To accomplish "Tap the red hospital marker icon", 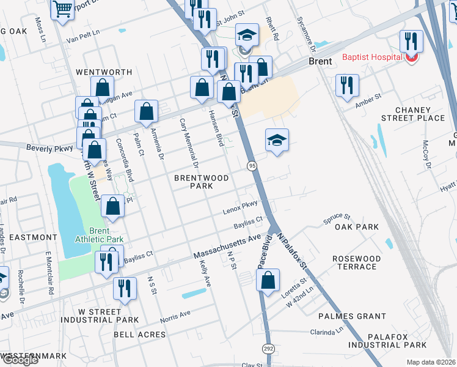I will [x=412, y=58].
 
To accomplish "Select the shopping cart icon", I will [x=62, y=10].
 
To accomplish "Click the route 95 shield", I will [x=251, y=166].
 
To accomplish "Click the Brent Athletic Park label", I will [x=99, y=235].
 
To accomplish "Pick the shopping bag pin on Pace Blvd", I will [x=268, y=281].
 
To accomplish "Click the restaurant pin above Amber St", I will [x=347, y=86].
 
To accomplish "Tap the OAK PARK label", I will [x=357, y=227].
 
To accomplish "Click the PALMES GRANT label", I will [x=352, y=316].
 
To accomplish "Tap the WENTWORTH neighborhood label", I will [x=104, y=72].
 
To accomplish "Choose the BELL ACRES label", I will [x=140, y=335].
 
